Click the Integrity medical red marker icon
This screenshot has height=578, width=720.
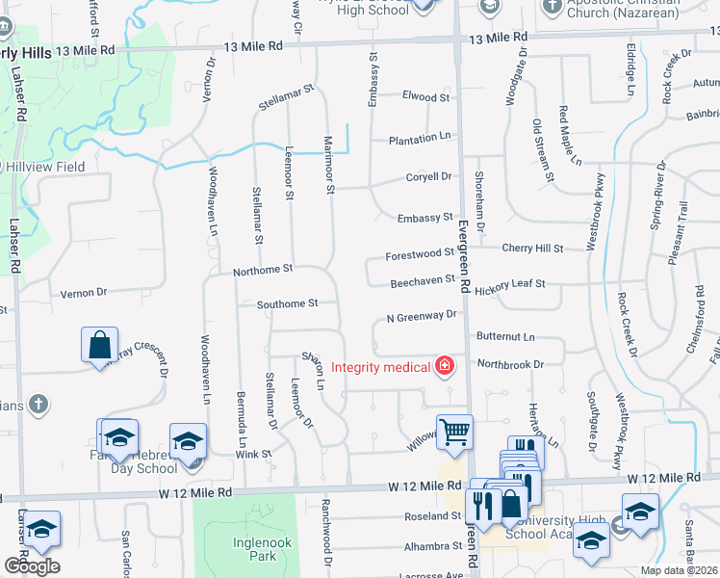[x=445, y=366]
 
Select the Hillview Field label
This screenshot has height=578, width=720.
[x=46, y=167]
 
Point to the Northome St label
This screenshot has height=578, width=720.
[x=262, y=273]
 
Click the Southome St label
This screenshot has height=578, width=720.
[x=287, y=304]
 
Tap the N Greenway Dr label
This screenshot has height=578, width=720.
[x=421, y=315]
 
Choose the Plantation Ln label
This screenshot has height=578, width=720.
[x=420, y=140]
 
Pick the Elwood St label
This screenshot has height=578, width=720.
[x=425, y=97]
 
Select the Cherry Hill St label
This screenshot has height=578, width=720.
[x=532, y=249]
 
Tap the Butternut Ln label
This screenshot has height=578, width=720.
[x=505, y=337]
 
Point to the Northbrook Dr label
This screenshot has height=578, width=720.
[x=510, y=365]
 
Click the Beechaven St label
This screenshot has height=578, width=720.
[x=422, y=283]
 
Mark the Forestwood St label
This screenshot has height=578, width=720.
[x=419, y=254]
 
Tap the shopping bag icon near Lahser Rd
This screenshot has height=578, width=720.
[x=100, y=344]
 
